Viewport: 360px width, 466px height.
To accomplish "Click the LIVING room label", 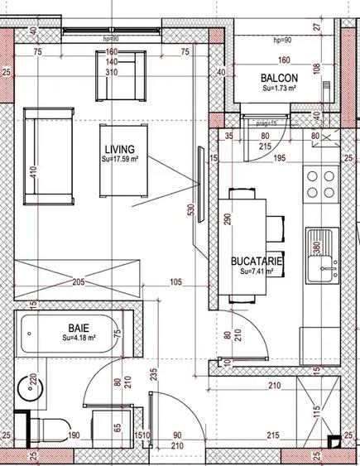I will point(122,147).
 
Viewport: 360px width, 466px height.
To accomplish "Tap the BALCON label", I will point(279,78).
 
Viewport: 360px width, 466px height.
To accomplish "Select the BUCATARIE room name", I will point(257,260).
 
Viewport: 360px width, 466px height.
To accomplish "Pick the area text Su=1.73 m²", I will point(279,88).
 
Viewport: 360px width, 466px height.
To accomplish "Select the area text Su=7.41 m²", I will point(257,271).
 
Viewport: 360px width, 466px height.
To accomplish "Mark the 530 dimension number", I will point(192,211).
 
